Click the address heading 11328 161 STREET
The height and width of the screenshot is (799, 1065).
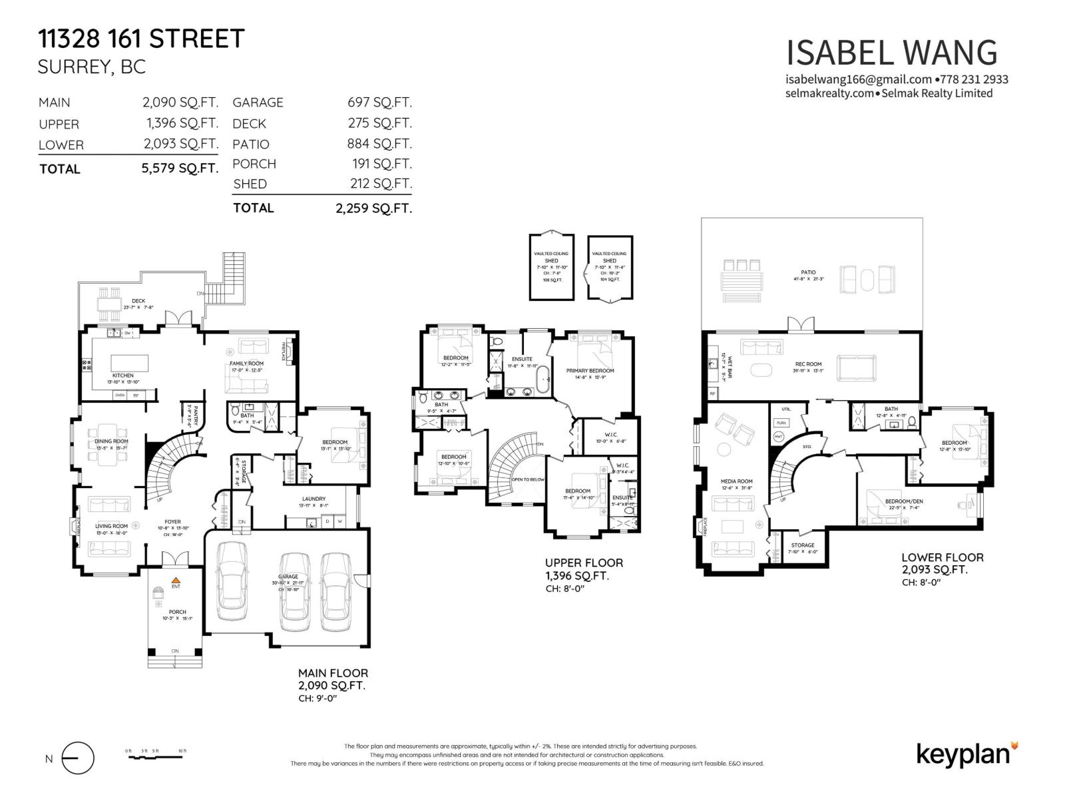pos(141,39)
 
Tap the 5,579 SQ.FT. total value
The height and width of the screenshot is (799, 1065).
pos(180,168)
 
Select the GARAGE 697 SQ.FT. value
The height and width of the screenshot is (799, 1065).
pos(379,103)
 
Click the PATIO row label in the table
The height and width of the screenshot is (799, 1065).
pos(251,144)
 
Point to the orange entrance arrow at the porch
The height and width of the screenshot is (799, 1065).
pos(176,580)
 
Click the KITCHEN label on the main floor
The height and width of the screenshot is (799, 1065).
pos(122,376)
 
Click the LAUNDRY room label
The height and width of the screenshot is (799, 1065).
pos(314,499)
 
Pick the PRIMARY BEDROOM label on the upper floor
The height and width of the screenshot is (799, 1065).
pos(590,371)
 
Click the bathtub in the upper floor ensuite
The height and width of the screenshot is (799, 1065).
pos(544,381)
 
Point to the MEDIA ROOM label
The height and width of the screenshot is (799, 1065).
pos(736,481)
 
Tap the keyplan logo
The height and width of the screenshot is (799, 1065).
pos(966,754)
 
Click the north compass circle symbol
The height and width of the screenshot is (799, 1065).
pos(78,758)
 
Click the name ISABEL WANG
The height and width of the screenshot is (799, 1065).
pos(891,53)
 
